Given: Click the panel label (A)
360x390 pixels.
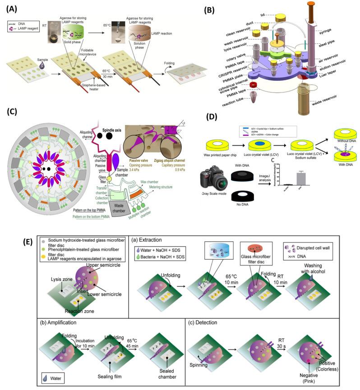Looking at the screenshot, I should pos(9,8).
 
